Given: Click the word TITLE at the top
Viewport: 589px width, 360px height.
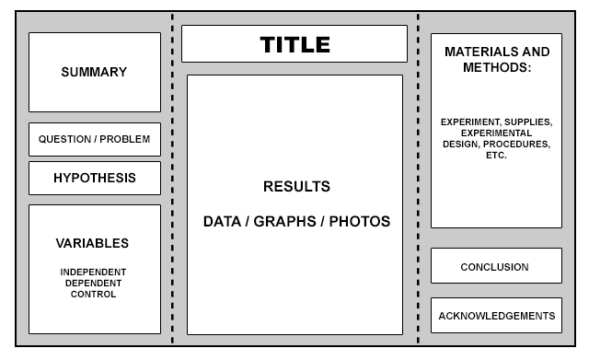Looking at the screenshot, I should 294,44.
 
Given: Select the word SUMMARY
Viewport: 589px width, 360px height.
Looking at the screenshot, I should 94,72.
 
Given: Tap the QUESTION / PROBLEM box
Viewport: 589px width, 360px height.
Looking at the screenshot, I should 94,140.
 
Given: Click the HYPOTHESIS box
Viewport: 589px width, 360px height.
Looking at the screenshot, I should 94,178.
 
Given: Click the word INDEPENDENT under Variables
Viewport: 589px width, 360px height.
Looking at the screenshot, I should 94,272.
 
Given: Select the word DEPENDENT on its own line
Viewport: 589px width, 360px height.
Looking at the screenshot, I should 94,283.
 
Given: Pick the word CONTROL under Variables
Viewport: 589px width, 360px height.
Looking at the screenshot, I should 94,294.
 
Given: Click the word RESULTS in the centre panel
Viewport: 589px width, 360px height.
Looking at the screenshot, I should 296,187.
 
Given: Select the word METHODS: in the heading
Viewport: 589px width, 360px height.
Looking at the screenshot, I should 497,67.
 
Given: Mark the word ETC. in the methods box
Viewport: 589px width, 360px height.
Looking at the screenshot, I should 497,156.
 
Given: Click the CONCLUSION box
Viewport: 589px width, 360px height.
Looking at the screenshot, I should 495,267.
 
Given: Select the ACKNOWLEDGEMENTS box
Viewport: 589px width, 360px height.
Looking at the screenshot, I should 496,317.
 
